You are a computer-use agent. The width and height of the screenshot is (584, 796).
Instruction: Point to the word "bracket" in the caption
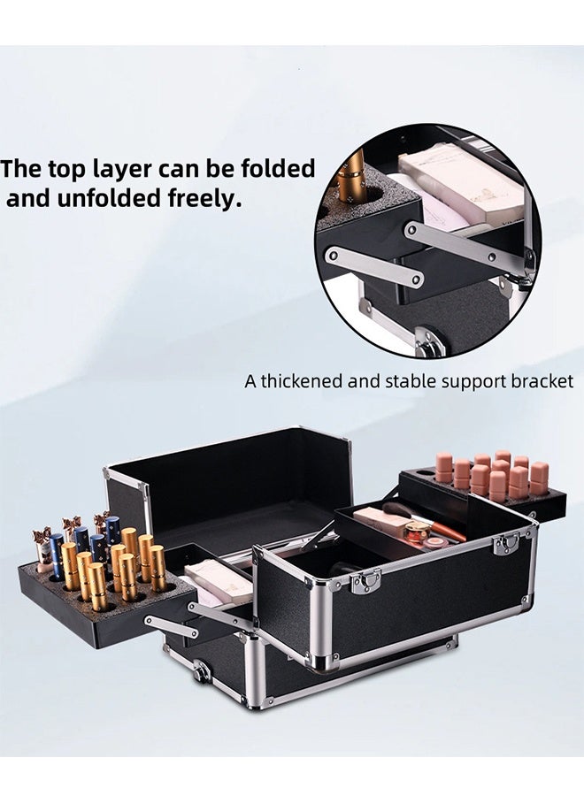tap(541, 382)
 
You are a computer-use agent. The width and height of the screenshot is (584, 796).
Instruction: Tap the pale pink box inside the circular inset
tap(460, 181)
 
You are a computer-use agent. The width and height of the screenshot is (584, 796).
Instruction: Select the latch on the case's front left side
tap(365, 580)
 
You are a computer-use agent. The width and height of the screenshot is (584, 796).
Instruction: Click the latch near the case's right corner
tap(505, 543)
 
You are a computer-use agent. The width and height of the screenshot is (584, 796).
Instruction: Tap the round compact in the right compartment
tap(417, 531)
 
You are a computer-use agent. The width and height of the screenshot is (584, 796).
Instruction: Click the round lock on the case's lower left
tap(203, 672)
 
